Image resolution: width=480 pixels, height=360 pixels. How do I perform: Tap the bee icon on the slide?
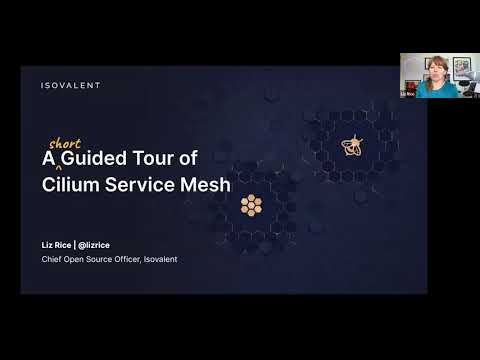point(351,146)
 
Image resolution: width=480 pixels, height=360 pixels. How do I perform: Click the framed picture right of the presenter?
point(463,67)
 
